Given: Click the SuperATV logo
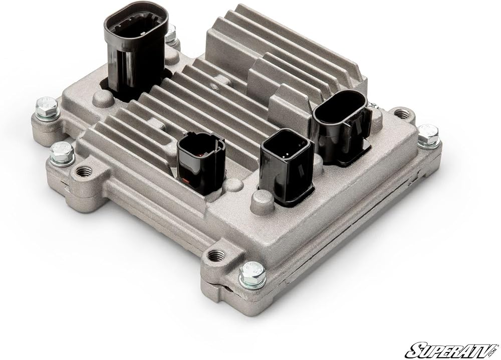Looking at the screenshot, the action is click(452, 350).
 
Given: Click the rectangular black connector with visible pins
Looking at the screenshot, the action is click(287, 165).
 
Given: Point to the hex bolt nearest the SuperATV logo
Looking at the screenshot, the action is click(253, 274).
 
